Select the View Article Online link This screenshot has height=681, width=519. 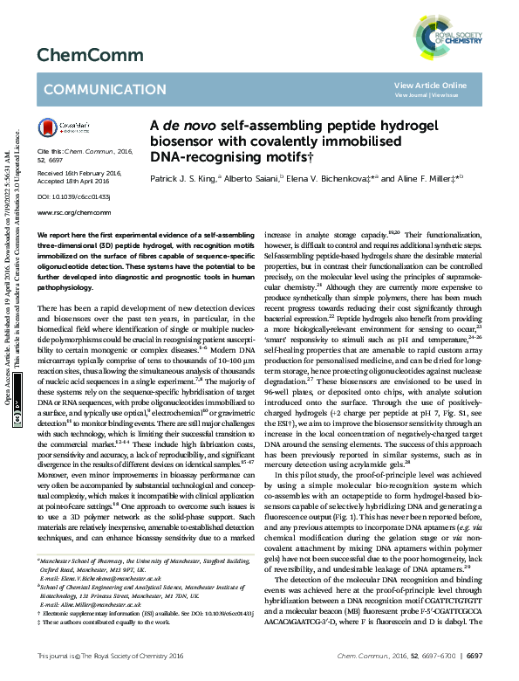click(430, 85)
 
